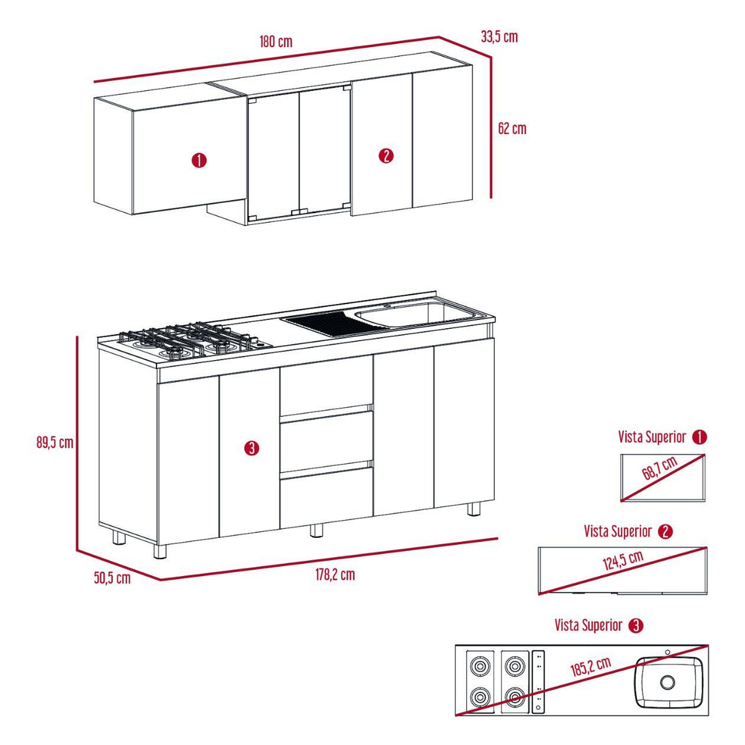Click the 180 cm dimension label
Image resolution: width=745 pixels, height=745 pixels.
[275, 41]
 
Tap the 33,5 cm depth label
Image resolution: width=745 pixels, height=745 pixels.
[499, 37]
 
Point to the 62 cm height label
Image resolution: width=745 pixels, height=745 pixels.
[512, 128]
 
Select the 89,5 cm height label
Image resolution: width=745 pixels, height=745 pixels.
[55, 442]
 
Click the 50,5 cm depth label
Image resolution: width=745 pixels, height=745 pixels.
[112, 578]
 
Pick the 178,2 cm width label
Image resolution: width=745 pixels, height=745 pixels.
[335, 575]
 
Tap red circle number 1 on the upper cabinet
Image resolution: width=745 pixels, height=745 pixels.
[200, 161]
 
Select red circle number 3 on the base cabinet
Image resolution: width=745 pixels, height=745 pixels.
[252, 448]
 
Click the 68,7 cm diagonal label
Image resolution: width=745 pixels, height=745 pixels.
[660, 472]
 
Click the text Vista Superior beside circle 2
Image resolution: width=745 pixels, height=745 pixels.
[618, 531]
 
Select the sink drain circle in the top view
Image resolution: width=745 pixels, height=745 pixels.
[667, 681]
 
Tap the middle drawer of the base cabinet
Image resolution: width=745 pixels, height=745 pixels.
[326, 442]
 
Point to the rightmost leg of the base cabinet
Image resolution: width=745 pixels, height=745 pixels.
[474, 509]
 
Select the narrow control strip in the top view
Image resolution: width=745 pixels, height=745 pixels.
[539, 681]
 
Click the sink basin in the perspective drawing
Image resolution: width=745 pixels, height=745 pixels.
[420, 314]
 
